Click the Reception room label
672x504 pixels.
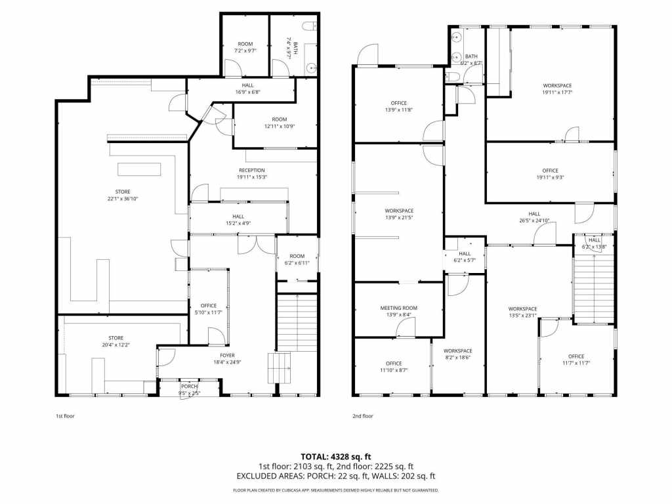[251, 173]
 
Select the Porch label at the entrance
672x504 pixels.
[189, 390]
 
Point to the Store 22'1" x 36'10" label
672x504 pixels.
[123, 195]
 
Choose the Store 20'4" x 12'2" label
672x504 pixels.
[115, 341]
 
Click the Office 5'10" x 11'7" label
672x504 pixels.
[209, 308]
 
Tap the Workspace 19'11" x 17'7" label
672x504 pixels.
[556, 89]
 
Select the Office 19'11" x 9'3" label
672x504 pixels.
[550, 174]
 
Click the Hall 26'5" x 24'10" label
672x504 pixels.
[534, 217]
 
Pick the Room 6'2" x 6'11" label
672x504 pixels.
[297, 259]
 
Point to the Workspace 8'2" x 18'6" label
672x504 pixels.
[457, 354]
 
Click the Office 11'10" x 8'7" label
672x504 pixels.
[394, 367]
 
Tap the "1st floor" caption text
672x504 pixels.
[64, 416]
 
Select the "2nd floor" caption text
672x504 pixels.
[362, 416]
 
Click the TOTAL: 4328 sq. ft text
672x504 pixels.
[336, 456]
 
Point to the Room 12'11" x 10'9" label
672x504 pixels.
[280, 123]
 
